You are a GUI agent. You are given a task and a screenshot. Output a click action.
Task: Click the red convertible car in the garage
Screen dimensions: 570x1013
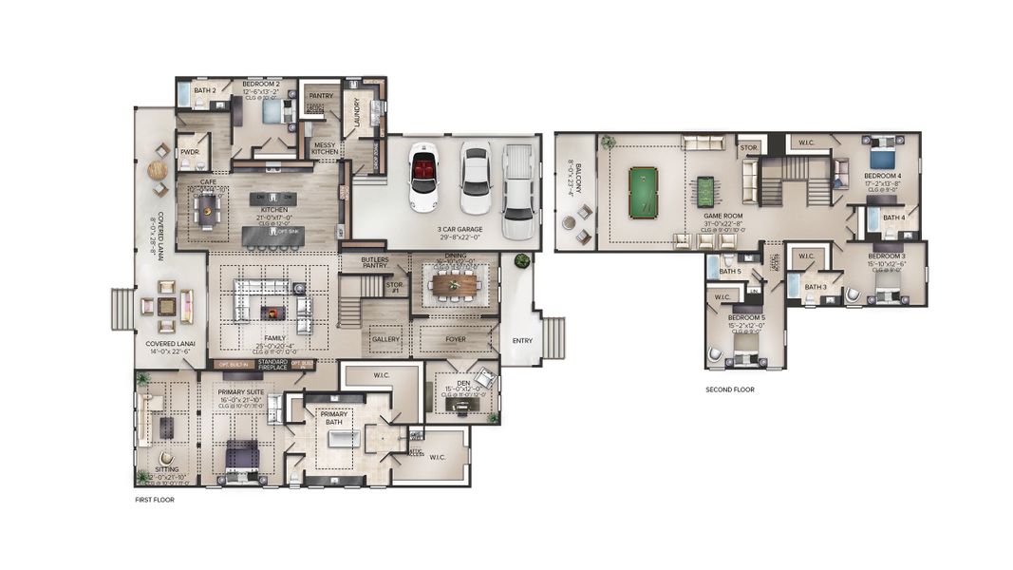click(x=422, y=178)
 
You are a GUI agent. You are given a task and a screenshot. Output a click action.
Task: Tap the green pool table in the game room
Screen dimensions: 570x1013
click(x=643, y=192)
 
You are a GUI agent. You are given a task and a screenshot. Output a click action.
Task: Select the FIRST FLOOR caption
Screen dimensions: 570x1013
click(x=156, y=499)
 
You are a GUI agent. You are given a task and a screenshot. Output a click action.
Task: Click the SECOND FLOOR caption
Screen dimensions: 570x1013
click(x=730, y=389)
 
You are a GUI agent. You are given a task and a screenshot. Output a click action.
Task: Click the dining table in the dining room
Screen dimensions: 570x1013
click(x=455, y=283)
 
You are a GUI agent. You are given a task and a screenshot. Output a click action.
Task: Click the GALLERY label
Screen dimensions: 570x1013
click(x=385, y=339)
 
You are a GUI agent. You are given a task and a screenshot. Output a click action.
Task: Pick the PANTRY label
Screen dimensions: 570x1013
click(x=320, y=96)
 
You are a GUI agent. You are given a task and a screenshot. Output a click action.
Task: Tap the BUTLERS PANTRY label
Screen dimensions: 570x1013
click(x=375, y=262)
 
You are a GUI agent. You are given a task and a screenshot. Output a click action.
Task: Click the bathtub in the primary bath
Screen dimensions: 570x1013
click(x=344, y=439)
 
